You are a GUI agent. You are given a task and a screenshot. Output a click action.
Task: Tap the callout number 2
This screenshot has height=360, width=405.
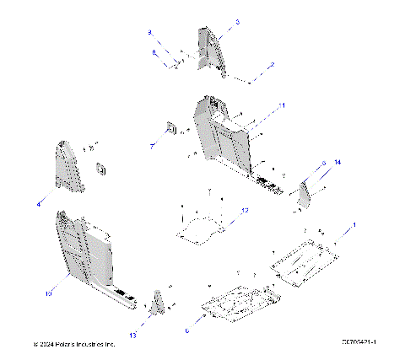272,64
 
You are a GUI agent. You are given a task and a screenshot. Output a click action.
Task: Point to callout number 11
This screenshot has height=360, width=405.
283,105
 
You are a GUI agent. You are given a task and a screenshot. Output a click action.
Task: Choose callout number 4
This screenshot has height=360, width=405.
39,204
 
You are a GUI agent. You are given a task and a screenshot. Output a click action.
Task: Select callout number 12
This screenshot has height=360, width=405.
245,209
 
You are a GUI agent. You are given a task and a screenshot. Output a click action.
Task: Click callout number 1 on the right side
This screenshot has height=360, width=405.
354,224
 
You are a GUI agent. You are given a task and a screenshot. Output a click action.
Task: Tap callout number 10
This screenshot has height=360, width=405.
48,293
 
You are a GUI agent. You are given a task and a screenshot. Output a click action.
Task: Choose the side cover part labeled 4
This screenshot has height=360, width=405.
71,168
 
